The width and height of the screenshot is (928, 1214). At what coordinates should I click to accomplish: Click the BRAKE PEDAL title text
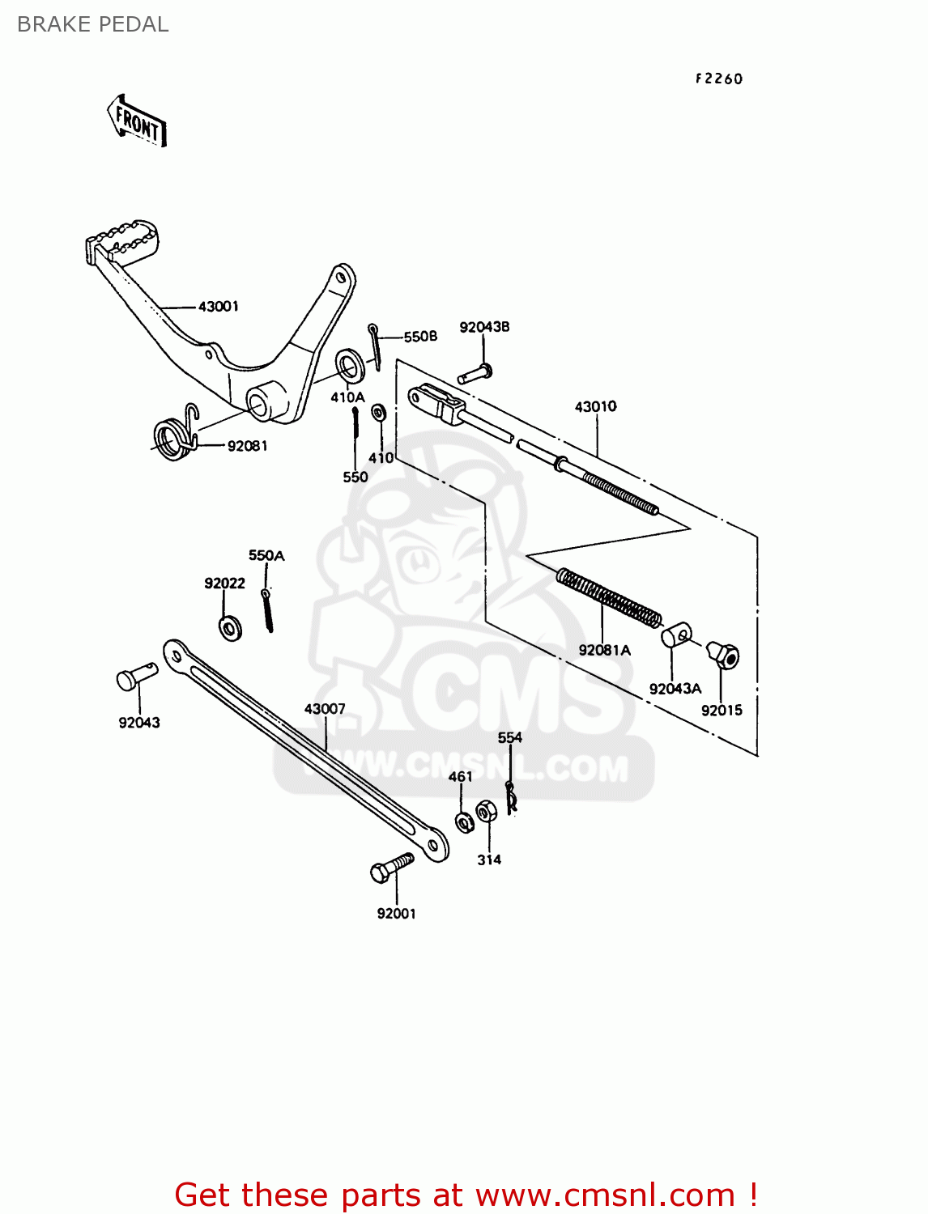pyautogui.click(x=92, y=24)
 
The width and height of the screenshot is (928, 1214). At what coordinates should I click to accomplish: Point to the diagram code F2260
pyautogui.click(x=719, y=79)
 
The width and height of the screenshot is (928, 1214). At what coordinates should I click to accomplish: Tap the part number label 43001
pyautogui.click(x=219, y=307)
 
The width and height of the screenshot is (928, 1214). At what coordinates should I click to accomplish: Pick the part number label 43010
pyautogui.click(x=595, y=406)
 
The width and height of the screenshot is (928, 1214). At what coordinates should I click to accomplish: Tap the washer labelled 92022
pyautogui.click(x=230, y=628)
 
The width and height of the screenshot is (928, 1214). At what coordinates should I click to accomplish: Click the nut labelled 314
pyautogui.click(x=487, y=811)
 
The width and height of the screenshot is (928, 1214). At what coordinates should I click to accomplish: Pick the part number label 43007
pyautogui.click(x=325, y=709)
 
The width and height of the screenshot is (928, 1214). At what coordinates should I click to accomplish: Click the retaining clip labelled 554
pyautogui.click(x=510, y=797)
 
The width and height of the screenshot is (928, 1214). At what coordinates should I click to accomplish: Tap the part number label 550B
pyautogui.click(x=420, y=337)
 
